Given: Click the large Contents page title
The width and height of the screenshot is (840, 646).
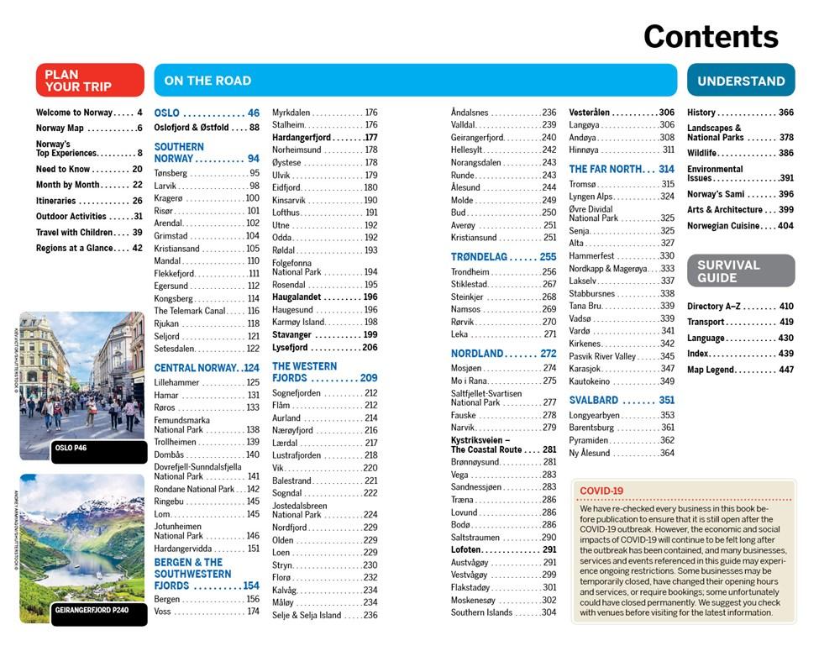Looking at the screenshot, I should (x=711, y=36).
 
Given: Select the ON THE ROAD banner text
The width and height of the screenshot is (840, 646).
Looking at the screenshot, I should (x=207, y=81).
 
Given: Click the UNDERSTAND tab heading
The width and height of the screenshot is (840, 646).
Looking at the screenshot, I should (x=740, y=81).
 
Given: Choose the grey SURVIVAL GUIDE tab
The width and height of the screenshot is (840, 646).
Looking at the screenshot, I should (x=728, y=270).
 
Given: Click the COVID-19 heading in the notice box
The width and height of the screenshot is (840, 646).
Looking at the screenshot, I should (x=601, y=491).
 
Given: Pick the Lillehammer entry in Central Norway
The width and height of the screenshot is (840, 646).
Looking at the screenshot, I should (x=178, y=382).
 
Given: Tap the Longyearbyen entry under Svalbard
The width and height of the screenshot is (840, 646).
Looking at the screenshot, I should (x=594, y=415).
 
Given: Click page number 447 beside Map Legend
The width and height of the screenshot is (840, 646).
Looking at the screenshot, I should (x=785, y=370).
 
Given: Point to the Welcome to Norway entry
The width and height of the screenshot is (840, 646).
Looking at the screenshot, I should (x=74, y=113).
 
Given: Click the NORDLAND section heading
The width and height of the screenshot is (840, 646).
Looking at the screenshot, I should (x=477, y=354).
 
